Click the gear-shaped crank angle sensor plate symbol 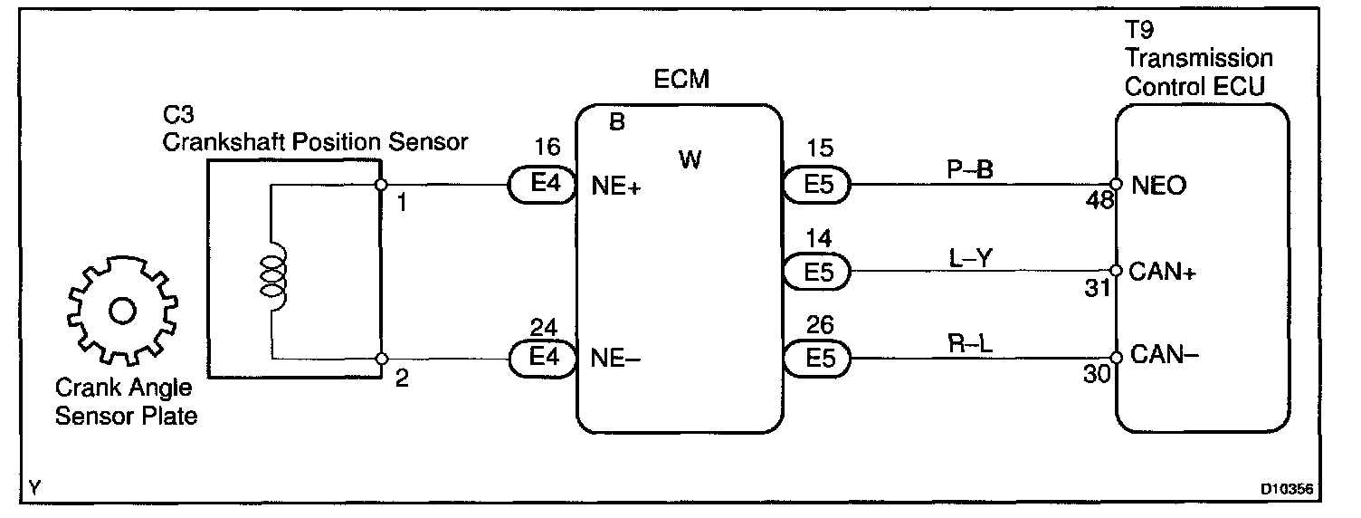click(x=119, y=310)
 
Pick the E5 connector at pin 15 click(x=817, y=185)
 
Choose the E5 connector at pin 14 click(x=817, y=271)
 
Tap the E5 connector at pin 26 click(x=817, y=358)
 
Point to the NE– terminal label click(x=616, y=357)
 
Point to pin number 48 click(x=1098, y=204)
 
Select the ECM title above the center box click(x=680, y=81)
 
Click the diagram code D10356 click(x=1288, y=490)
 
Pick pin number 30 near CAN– click(x=1097, y=375)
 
